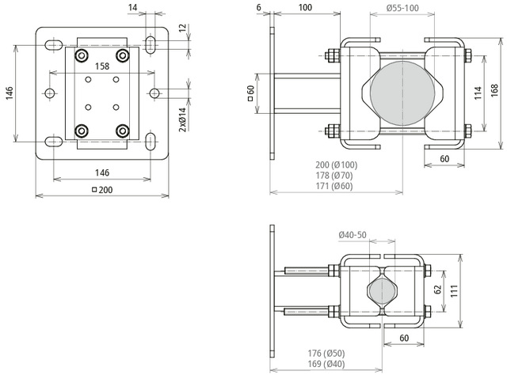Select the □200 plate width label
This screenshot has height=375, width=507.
click(101, 190)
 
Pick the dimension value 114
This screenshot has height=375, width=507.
click(478, 93)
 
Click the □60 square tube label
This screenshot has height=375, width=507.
click(250, 93)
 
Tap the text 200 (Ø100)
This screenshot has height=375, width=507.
click(336, 165)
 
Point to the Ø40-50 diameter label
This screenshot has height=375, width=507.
click(352, 235)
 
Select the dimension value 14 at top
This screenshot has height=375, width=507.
click(132, 7)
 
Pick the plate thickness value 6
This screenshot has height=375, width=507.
click(259, 7)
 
